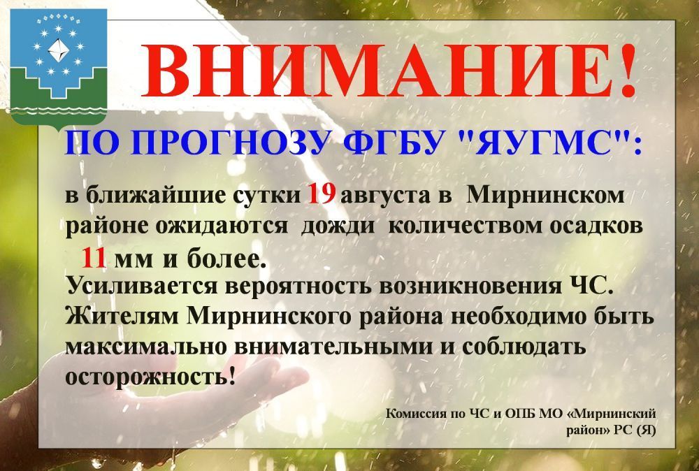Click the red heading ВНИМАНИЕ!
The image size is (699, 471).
(x=389, y=71)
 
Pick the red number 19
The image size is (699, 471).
(x=321, y=195)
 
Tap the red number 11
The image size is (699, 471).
(x=94, y=258)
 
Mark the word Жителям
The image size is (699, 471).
(x=122, y=317)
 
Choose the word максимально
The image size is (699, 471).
(x=146, y=347)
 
